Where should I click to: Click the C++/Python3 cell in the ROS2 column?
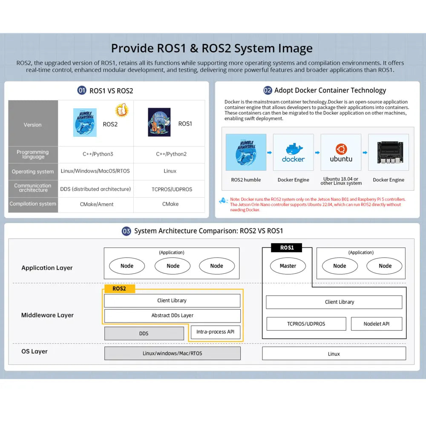tap(98, 154)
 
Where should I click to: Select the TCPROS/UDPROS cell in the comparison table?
tap(172, 189)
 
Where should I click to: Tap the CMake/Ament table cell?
tap(97, 204)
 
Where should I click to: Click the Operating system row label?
tap(33, 172)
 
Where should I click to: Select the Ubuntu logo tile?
tap(341, 153)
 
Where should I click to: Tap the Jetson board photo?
tap(388, 153)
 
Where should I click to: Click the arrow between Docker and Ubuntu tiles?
tap(317, 152)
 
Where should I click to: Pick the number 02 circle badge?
tap(268, 90)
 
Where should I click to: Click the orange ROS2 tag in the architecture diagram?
tap(119, 288)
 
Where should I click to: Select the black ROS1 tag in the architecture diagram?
tap(287, 248)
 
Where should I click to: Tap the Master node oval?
tap(288, 266)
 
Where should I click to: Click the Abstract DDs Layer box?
tap(172, 316)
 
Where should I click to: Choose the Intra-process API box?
tap(216, 332)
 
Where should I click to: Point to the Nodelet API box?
tap(376, 324)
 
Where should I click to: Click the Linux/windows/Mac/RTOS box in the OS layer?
tap(172, 353)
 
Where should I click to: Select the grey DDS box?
tap(144, 333)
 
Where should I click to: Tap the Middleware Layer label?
tap(47, 315)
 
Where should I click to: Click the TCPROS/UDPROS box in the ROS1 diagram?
tap(306, 324)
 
